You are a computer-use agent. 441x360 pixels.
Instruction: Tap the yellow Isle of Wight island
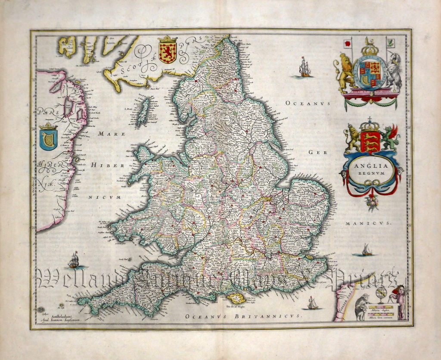236,297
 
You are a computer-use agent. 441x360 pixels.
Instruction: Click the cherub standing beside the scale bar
399,301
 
